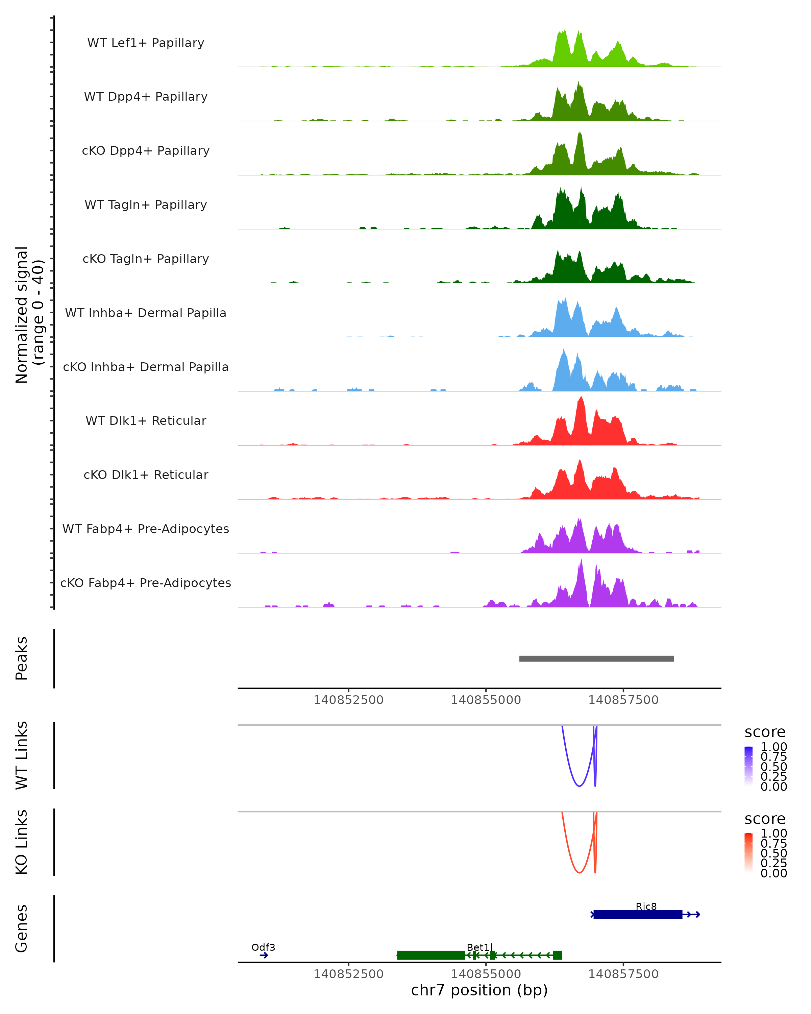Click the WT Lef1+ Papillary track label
tap(146, 43)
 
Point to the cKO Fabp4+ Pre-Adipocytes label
tap(146, 583)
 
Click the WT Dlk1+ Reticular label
tap(146, 420)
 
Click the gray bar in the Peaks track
tap(596, 658)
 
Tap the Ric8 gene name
tap(646, 906)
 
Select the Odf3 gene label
tap(263, 947)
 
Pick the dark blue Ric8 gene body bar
tap(638, 914)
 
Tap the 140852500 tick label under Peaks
tap(348, 700)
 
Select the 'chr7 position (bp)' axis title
tap(479, 990)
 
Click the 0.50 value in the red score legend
tap(773, 853)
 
